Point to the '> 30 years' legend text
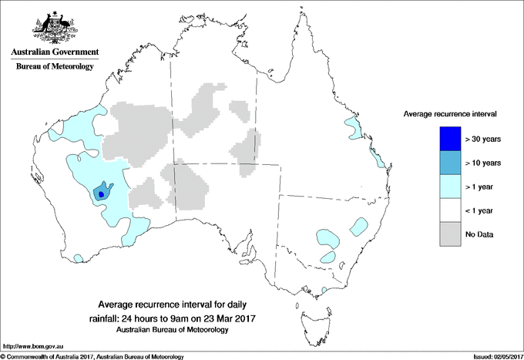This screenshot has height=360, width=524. click(x=484, y=139)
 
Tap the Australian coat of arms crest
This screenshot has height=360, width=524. click(x=55, y=27)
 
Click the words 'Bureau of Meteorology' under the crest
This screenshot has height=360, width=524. click(x=55, y=67)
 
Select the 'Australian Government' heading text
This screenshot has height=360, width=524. click(x=55, y=52)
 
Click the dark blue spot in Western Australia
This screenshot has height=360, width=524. click(x=102, y=195)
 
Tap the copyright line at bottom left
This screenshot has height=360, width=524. click(x=92, y=356)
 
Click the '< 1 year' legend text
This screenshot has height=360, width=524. click(x=482, y=210)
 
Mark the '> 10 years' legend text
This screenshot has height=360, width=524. click(x=484, y=163)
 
